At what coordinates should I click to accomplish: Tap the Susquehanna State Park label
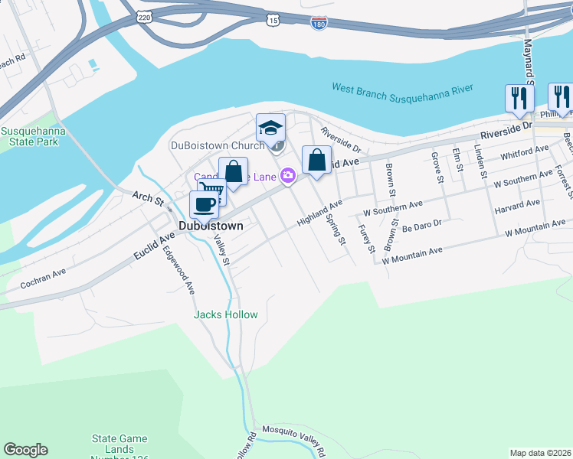(32, 137)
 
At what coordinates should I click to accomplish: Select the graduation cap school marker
(270, 127)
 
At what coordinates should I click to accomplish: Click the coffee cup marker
(204, 205)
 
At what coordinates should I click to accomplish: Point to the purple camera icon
(287, 175)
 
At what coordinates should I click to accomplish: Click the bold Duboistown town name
(211, 226)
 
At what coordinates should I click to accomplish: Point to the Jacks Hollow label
(226, 314)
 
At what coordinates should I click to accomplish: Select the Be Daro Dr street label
(422, 225)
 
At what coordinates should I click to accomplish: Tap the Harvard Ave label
(517, 206)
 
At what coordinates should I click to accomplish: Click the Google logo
(25, 450)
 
